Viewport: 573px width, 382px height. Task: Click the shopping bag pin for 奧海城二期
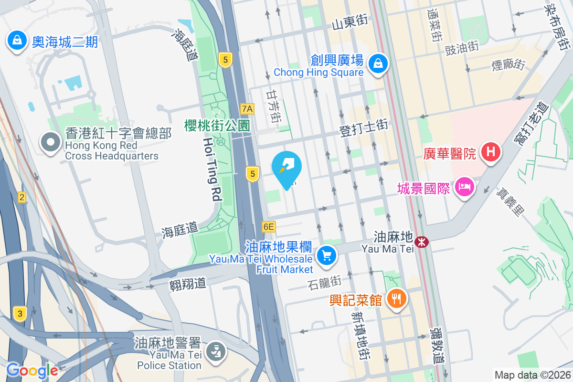(17, 41)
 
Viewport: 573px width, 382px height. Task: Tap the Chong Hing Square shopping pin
(378, 64)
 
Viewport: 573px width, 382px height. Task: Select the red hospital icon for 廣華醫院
(490, 153)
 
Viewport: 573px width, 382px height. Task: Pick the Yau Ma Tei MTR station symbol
(422, 242)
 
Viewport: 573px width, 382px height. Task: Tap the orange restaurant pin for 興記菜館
(397, 299)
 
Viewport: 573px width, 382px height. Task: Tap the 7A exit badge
(247, 108)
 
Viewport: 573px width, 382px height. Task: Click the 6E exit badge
(269, 226)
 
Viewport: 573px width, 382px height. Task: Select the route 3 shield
(20, 313)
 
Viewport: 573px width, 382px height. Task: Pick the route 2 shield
(21, 197)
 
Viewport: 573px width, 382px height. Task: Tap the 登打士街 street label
(363, 126)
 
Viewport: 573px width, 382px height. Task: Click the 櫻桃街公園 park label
(217, 126)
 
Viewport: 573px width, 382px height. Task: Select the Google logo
(32, 370)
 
